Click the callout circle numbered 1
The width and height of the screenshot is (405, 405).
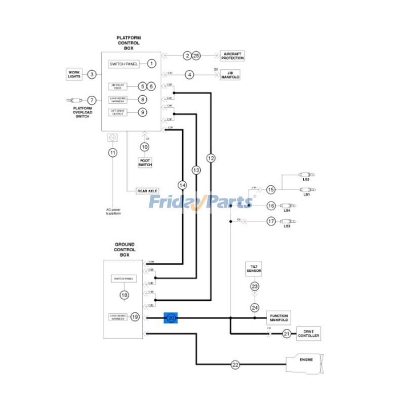click(151, 64)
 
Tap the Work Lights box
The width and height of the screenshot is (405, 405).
click(74, 74)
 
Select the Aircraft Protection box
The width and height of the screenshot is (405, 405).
click(232, 56)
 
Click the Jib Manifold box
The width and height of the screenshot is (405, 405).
click(230, 75)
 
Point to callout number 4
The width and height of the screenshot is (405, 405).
click(189, 75)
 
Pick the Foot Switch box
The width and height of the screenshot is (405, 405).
click(145, 162)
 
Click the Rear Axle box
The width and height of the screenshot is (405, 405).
click(147, 191)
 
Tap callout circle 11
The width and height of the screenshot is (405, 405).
click(112, 152)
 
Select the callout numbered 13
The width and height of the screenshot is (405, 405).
click(196, 170)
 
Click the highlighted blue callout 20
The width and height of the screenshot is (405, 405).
click(171, 317)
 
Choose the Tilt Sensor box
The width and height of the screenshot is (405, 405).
click(253, 268)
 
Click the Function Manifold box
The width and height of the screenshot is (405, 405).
click(279, 317)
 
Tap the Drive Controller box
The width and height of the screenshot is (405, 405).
click(308, 334)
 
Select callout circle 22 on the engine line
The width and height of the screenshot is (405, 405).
click(235, 364)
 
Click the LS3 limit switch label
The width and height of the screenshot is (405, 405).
click(287, 226)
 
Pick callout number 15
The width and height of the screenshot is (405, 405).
click(271, 189)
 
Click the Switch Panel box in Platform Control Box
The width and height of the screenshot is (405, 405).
click(124, 64)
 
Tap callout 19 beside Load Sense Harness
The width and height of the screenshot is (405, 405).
click(135, 317)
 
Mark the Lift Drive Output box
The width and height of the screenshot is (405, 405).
click(117, 112)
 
